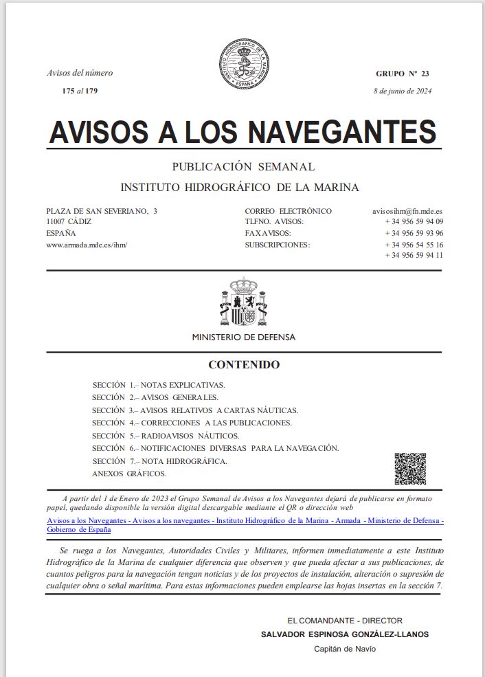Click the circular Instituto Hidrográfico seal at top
tap(243, 65)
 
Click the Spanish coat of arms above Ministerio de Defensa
tap(243, 302)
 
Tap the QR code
tap(410, 469)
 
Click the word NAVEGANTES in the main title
tap(341, 132)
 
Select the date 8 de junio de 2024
tap(403, 91)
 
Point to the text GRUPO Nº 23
tap(402, 74)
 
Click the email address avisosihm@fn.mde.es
tap(403, 211)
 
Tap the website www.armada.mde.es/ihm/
tap(87, 244)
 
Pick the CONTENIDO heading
tap(244, 365)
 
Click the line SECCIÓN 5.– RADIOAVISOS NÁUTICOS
tap(166, 436)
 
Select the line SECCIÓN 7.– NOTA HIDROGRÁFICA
tap(159, 460)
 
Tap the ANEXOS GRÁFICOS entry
tap(129, 474)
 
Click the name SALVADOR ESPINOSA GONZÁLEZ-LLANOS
tap(345, 634)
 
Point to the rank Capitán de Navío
tap(345, 649)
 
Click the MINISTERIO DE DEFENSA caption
tap(243, 337)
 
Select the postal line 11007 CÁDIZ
tap(69, 222)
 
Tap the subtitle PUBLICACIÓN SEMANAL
tap(243, 167)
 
